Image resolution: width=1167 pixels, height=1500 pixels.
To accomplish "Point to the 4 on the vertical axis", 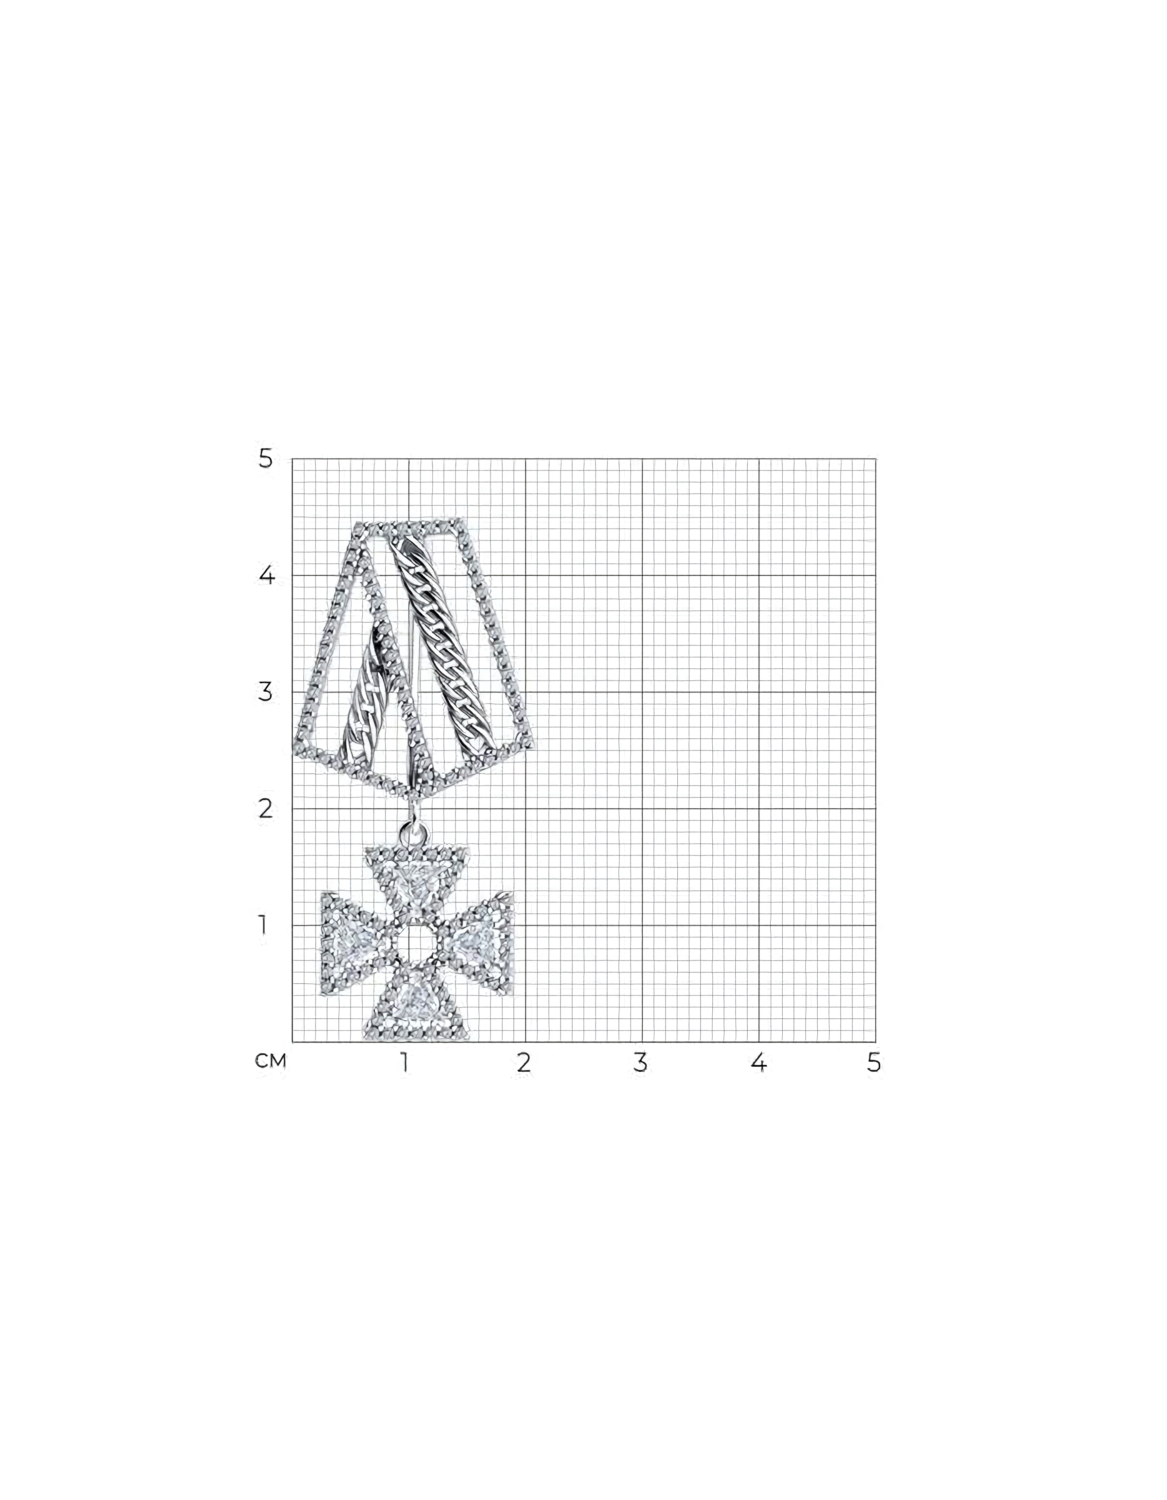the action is pos(266,575).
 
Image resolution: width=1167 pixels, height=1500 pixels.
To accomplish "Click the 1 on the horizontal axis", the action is pos(405,1062).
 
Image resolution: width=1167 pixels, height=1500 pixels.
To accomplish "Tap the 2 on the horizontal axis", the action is pos(524,1062).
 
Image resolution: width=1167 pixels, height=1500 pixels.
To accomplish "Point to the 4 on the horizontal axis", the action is pos(758,1062).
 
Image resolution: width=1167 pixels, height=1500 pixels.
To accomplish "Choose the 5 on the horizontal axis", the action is pos(874,1062).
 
